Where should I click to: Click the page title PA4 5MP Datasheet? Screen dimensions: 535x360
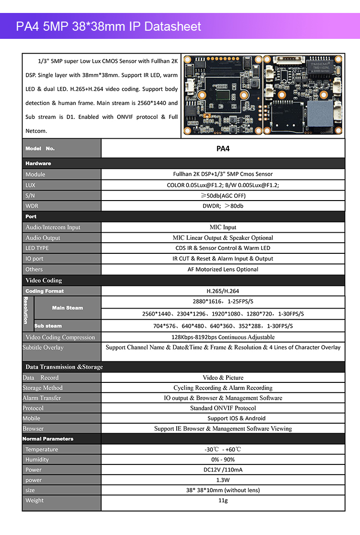tap(108, 26)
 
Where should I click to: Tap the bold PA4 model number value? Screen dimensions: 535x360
tap(223, 149)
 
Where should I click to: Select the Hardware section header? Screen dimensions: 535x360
tap(38, 164)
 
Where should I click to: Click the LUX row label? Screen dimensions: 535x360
tap(30, 185)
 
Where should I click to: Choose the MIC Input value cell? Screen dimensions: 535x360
tap(223, 227)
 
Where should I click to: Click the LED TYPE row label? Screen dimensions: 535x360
tap(37, 248)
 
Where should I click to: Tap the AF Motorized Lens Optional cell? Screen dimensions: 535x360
tap(223, 269)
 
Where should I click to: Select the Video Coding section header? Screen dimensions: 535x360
tap(44, 280)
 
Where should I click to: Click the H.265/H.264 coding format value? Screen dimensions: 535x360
tap(223, 291)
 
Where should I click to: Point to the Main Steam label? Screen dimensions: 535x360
tap(67, 308)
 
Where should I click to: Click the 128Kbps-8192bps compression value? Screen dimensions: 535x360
tap(223, 337)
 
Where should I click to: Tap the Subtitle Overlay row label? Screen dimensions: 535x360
tap(43, 347)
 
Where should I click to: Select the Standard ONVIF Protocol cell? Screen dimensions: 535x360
tap(223, 408)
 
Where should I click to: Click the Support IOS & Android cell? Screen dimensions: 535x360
tap(223, 418)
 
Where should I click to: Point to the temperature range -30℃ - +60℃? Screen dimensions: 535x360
tap(223, 450)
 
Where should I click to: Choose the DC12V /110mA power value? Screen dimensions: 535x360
tap(223, 470)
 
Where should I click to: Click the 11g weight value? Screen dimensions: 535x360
tap(223, 500)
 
